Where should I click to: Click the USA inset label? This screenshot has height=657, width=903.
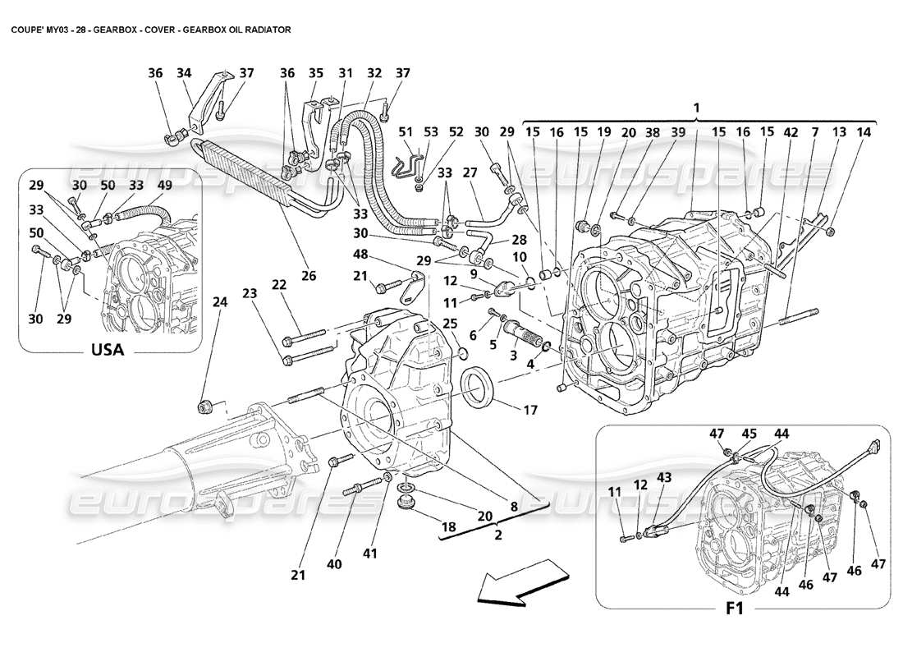pyautogui.click(x=107, y=350)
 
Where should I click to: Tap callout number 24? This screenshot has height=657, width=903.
pyautogui.click(x=219, y=301)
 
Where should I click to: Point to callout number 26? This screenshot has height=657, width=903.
pyautogui.click(x=309, y=276)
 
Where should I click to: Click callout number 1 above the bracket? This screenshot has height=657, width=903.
pyautogui.click(x=696, y=107)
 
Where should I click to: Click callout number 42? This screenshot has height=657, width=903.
pyautogui.click(x=768, y=131)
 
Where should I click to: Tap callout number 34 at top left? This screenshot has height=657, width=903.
pyautogui.click(x=184, y=73)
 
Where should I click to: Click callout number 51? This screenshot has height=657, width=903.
pyautogui.click(x=406, y=131)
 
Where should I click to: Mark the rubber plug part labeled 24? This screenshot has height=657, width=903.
pyautogui.click(x=206, y=407)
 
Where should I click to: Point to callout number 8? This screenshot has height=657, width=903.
pyautogui.click(x=514, y=507)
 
